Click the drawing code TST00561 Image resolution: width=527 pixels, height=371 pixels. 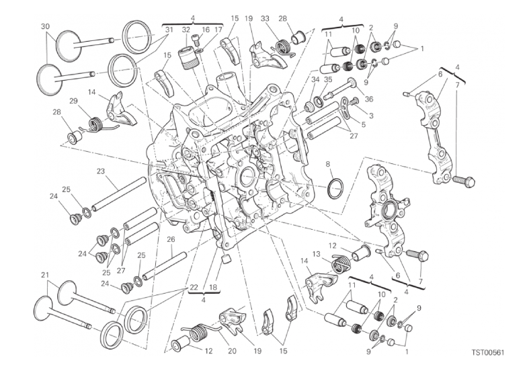[x=488, y=352]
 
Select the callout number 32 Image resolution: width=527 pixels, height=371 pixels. [x=186, y=30]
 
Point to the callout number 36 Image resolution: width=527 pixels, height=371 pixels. [x=368, y=99]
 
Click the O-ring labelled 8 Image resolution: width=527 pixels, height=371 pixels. [x=335, y=188]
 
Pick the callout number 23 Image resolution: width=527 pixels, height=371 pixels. [x=101, y=171]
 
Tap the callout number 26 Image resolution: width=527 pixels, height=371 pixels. [x=171, y=239]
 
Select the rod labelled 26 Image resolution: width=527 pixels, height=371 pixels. [x=164, y=265]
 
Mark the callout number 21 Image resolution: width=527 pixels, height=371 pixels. [x=45, y=275]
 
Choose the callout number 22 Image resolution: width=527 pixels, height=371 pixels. [x=194, y=288]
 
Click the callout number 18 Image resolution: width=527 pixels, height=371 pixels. [x=214, y=288]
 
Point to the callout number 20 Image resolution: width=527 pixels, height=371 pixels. [x=232, y=351]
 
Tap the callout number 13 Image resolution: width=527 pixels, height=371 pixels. [x=316, y=254]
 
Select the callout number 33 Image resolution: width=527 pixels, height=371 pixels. [x=265, y=19]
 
